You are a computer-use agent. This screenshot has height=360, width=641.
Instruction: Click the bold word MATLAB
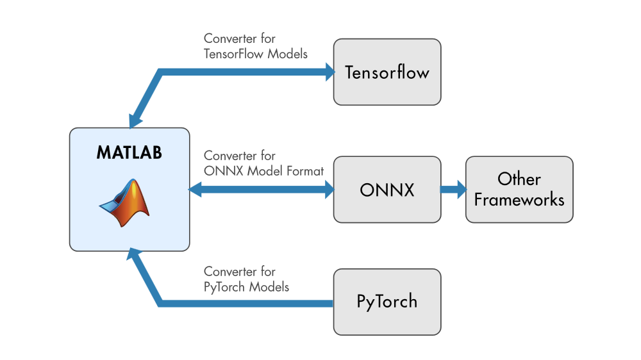tap(129, 153)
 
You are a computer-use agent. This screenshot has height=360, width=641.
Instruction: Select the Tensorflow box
tap(387, 72)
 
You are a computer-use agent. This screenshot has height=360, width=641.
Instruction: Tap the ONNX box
tap(387, 190)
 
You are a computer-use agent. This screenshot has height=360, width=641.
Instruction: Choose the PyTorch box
tap(387, 301)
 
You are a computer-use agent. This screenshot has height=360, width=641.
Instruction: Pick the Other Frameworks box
tap(519, 190)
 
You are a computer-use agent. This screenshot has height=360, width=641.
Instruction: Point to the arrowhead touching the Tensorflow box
tap(329, 72)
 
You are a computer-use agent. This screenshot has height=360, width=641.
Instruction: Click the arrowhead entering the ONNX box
tap(329, 189)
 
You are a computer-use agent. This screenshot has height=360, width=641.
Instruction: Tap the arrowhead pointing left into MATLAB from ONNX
tap(195, 189)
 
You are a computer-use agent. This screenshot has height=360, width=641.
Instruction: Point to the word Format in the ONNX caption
tap(305, 171)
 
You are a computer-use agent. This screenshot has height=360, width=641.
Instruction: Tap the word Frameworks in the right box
tap(519, 199)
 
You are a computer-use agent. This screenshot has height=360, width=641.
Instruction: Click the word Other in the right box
tap(519, 179)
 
